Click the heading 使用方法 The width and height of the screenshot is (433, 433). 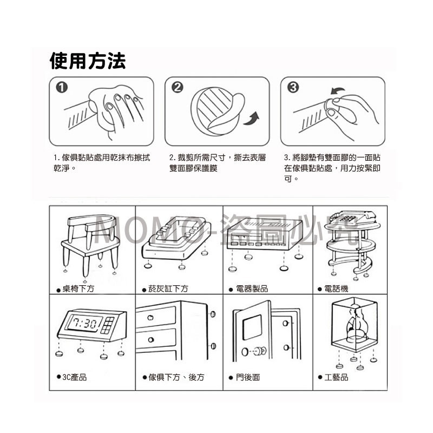(x=87, y=61)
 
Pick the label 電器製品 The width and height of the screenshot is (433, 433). (x=252, y=289)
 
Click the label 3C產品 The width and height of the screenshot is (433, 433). (x=75, y=377)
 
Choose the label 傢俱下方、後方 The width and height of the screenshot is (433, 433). (x=176, y=377)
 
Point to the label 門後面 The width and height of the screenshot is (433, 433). (x=248, y=377)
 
